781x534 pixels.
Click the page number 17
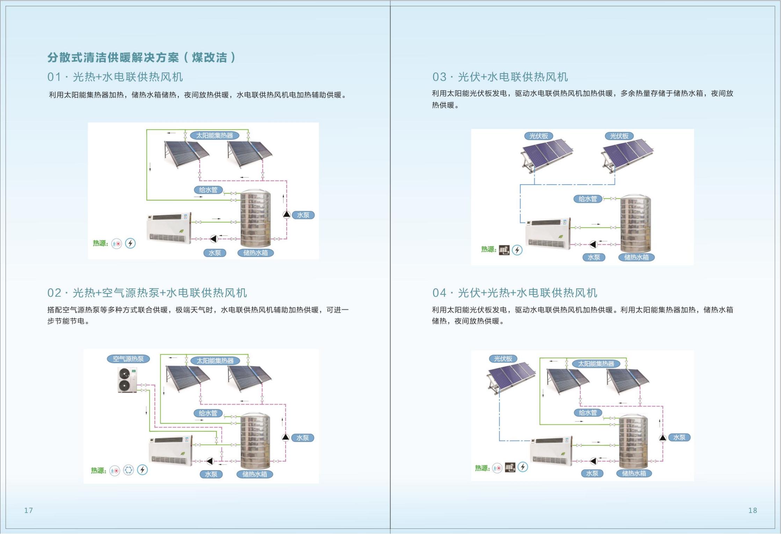coord(28,510)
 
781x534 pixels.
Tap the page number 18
coord(753,510)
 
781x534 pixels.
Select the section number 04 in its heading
coord(439,293)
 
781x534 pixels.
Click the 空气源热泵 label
coord(128,359)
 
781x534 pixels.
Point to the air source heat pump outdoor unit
coord(127,380)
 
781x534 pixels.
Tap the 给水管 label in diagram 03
coord(588,199)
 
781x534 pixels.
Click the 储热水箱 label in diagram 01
coord(255,253)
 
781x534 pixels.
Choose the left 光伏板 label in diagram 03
coord(539,136)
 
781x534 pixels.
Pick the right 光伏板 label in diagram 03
coord(619,136)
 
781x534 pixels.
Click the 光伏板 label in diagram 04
coord(503,359)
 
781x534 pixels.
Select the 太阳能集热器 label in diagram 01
coord(214,135)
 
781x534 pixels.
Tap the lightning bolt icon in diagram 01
coord(130,243)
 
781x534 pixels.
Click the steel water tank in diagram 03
coord(635,224)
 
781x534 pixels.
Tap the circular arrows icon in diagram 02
coord(129,470)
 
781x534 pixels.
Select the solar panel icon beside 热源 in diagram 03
coord(504,250)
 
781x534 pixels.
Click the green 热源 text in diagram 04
coord(482,468)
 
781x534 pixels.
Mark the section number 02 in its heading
coord(54,293)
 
